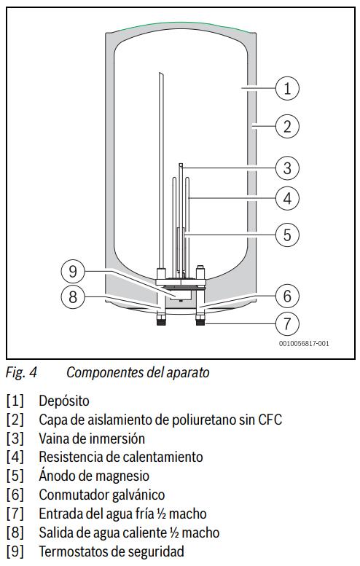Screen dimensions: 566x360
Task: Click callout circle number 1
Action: point(288,89)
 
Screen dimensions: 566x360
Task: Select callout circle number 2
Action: point(288,127)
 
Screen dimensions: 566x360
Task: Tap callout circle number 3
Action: point(288,168)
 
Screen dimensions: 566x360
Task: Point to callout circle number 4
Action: point(288,197)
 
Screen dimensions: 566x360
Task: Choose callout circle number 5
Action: point(288,234)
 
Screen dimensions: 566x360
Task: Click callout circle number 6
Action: point(288,296)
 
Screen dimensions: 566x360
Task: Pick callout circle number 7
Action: point(288,321)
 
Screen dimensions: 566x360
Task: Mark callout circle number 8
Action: point(72,296)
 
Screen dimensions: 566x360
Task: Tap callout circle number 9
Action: point(72,272)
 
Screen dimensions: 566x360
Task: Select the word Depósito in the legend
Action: point(64,401)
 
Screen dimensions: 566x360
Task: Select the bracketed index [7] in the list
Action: point(14,514)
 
